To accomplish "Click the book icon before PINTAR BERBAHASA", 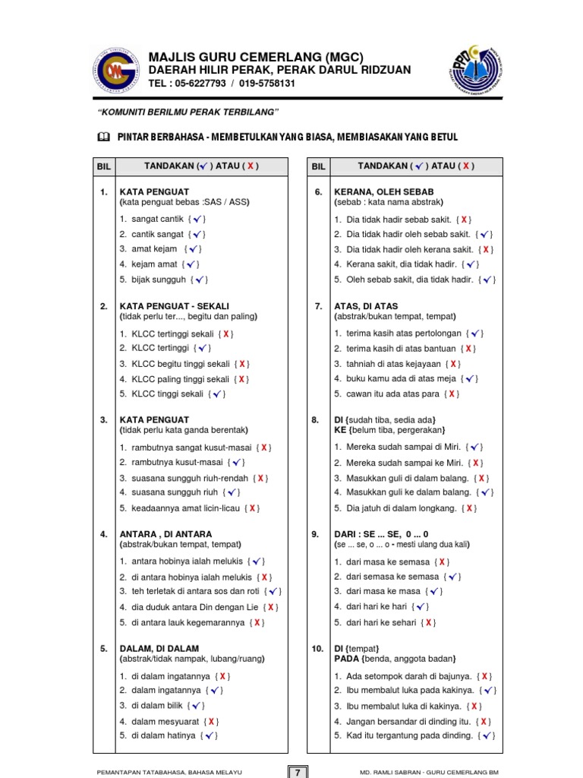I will pos(104,137).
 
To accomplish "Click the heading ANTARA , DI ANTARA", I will pos(166,534).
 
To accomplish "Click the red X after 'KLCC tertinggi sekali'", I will pos(226,334).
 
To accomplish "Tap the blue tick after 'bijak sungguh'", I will pos(200,280).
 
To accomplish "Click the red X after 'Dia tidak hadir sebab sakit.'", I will pos(465,219).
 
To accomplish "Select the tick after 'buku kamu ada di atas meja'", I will pos(471,378).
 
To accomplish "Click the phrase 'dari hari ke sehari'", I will pos(381,622).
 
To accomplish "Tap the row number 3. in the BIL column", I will pos(103,419).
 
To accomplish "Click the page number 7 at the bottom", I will pos(298,772).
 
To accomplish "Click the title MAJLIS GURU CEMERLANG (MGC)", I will pos(256,57).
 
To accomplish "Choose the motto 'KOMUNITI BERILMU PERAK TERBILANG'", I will pos(189,112).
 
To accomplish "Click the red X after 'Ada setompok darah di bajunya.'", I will pos(485,675).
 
